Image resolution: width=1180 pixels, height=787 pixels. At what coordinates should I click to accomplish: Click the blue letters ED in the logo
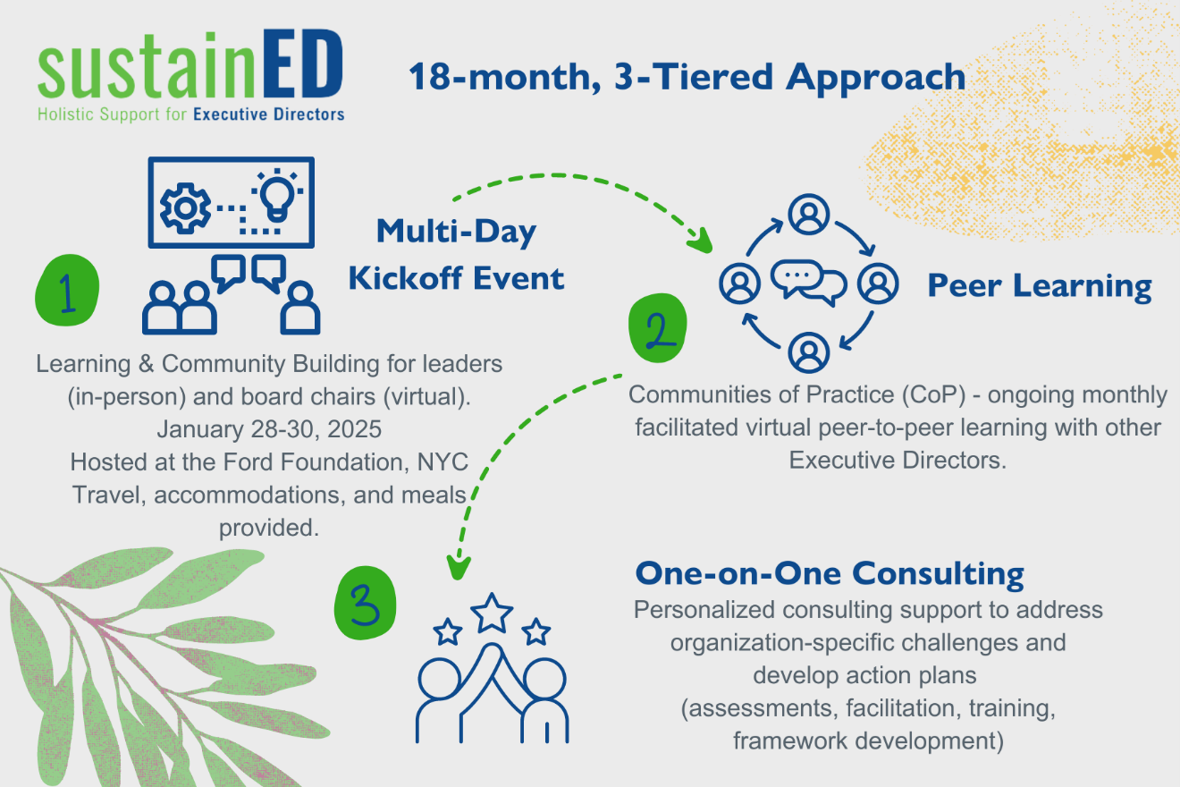point(302,63)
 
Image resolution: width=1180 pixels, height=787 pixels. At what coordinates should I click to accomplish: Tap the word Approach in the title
point(875,78)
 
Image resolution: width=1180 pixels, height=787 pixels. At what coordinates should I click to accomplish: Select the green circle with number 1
point(67,290)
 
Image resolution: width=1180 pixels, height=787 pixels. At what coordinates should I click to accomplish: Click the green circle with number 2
point(657,328)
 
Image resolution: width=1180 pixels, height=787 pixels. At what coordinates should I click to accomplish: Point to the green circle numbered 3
point(365,603)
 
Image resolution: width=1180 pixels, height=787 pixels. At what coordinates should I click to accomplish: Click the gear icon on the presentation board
point(185,208)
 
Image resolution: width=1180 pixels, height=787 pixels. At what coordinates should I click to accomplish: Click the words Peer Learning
point(1040,286)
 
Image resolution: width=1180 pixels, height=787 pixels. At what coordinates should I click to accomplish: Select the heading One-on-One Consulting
point(830,573)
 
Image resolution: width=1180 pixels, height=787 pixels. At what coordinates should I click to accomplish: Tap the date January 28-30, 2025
point(269,429)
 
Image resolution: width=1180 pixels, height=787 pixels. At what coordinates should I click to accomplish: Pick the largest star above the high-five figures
point(492,613)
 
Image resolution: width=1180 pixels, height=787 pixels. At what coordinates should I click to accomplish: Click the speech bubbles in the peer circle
point(809,283)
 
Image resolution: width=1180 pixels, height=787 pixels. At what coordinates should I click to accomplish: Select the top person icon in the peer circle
point(809,215)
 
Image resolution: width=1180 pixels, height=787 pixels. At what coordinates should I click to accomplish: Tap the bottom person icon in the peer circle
point(809,352)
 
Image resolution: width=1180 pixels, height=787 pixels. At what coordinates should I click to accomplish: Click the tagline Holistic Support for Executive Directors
point(190,114)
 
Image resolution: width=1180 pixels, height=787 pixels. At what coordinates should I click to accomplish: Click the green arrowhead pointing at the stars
point(458,568)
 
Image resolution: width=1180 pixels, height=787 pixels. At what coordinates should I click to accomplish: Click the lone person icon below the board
point(299,308)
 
